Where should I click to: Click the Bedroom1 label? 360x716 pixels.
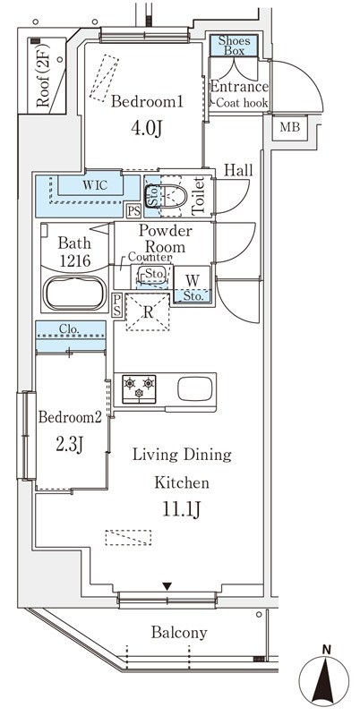[x=147, y=102]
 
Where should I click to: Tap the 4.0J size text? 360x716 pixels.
[x=147, y=129]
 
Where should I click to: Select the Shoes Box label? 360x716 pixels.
[x=234, y=46]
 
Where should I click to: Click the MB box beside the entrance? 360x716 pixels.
[x=290, y=127]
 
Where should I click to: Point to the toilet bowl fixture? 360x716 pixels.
[x=167, y=196]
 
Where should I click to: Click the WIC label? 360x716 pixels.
[x=95, y=185]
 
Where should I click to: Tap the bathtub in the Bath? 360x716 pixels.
[x=75, y=294]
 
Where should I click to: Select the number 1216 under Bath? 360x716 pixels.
[x=74, y=260]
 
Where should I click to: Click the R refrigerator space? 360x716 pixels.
[x=148, y=312]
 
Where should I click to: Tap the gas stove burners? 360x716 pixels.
[x=139, y=389]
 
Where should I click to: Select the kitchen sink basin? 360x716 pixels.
[x=195, y=389]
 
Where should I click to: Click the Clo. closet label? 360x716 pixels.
[x=71, y=328]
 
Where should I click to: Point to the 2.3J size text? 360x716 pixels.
[x=70, y=444]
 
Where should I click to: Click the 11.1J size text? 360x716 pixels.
[x=182, y=511]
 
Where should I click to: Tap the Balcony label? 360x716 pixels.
[x=179, y=633]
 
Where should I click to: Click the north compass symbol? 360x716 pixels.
[x=323, y=677]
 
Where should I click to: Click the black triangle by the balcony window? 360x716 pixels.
[x=167, y=586]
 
